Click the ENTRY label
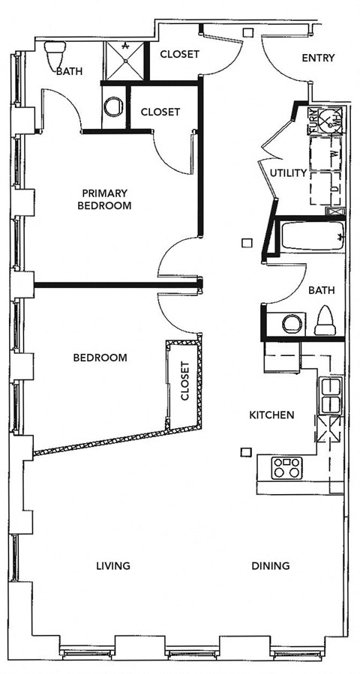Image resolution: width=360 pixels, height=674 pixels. tap(317, 58)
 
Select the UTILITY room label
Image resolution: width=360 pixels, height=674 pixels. tap(289, 173)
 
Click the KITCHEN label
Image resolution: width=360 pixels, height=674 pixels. tap(271, 415)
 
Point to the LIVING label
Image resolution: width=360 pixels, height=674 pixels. tap(114, 565)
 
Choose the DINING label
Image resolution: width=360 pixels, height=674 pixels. tap(271, 565)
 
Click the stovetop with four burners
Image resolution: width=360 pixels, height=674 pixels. tap(286, 467)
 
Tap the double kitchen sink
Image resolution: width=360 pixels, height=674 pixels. tap(330, 395)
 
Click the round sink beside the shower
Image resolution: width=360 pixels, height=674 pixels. tap(114, 107)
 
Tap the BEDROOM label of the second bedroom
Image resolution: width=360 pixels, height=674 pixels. tap(100, 358)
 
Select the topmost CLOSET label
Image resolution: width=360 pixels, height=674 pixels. tap(180, 54)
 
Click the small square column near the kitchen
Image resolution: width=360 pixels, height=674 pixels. tap(244, 451)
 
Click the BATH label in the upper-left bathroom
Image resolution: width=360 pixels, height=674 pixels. tap(69, 72)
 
